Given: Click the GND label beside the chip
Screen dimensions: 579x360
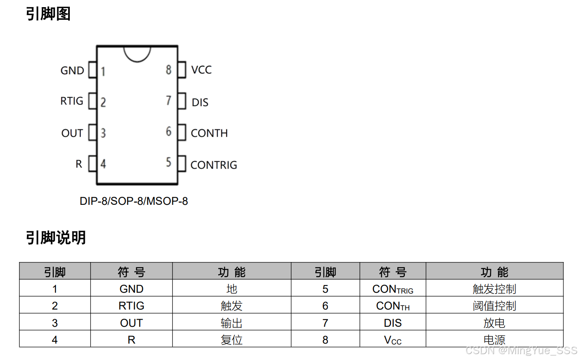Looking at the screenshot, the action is click(72, 71).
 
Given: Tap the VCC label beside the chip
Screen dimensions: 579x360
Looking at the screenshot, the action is click(201, 70).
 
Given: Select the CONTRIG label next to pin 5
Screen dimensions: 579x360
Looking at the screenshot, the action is click(214, 165).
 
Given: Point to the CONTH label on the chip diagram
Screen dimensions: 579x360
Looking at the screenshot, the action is click(209, 133).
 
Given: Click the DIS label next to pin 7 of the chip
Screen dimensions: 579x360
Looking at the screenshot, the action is click(200, 103).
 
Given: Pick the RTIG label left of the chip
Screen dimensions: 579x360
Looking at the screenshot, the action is click(72, 101).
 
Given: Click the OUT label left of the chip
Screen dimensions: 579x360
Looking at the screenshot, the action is click(72, 133).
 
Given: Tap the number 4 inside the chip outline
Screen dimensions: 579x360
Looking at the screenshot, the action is click(103, 164).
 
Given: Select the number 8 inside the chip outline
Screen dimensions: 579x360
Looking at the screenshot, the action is click(169, 70).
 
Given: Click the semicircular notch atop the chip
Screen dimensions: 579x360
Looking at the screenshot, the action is click(137, 61).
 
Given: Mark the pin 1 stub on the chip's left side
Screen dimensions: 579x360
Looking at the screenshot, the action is click(92, 70).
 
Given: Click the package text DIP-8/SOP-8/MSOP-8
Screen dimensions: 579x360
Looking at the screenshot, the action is click(134, 201).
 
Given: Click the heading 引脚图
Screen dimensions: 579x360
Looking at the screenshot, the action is click(48, 14).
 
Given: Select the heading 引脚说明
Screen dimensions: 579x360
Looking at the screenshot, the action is click(56, 238).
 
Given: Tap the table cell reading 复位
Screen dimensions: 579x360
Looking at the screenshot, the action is click(232, 339).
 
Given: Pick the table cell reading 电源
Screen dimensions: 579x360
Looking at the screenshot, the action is click(494, 339).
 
